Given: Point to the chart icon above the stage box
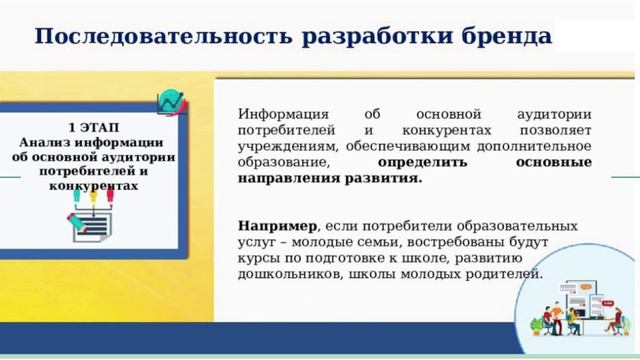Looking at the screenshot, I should click(172, 102).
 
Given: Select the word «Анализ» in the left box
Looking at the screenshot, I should click(47, 143).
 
